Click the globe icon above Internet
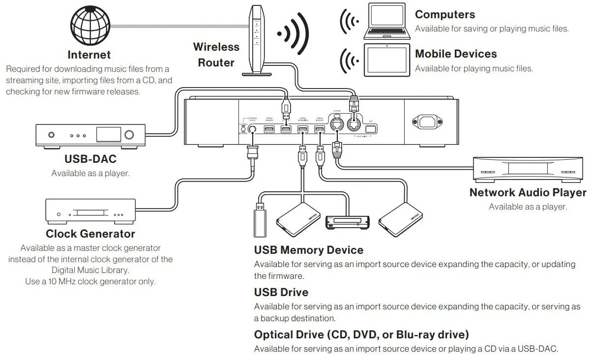pyautogui.click(x=89, y=25)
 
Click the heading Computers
pyautogui.click(x=445, y=15)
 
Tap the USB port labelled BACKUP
pyautogui.click(x=320, y=129)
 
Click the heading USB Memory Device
pyautogui.click(x=308, y=250)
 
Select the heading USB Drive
pyautogui.click(x=281, y=292)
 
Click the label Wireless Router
pyautogui.click(x=216, y=55)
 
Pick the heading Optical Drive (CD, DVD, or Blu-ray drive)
pyautogui.click(x=361, y=335)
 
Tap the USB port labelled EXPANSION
pyautogui.click(x=302, y=129)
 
